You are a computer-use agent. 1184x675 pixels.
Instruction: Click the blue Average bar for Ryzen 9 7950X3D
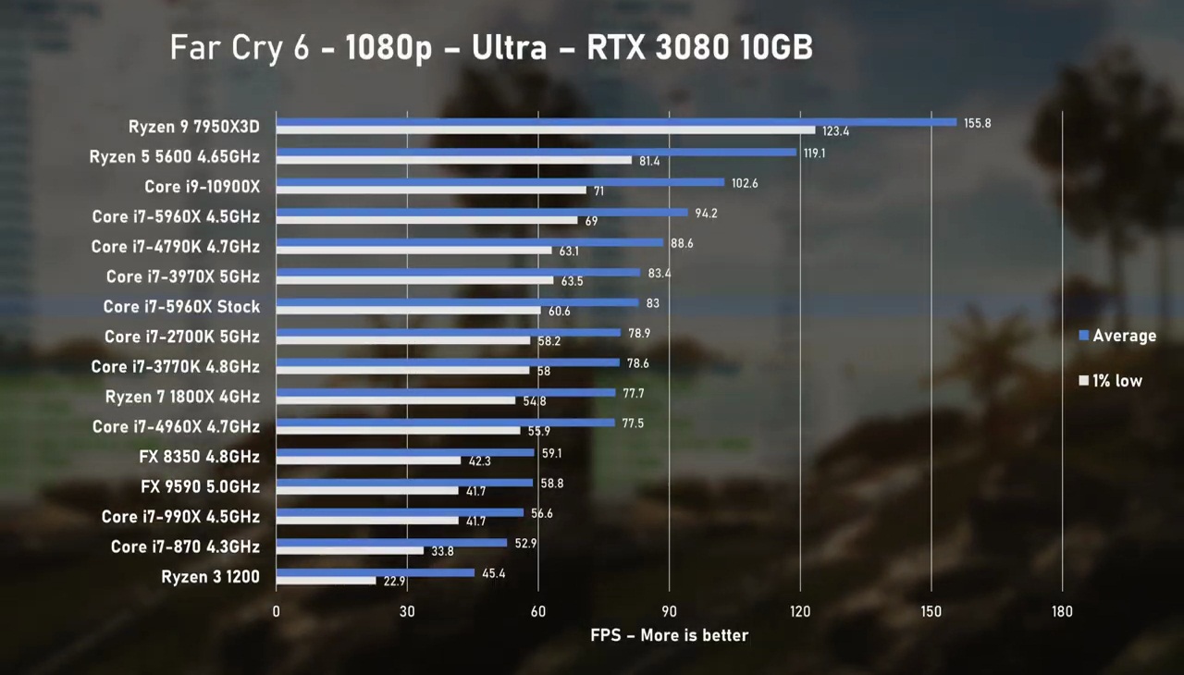[616, 122]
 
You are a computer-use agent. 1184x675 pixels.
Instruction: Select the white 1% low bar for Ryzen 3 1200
[326, 581]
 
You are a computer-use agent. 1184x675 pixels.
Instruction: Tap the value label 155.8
[976, 123]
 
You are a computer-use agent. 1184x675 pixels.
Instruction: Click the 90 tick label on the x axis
[669, 611]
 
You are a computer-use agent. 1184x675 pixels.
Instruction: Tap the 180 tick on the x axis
[1062, 611]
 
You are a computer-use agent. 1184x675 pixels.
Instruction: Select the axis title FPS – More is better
[669, 635]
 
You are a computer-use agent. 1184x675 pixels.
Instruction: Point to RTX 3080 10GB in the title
[699, 48]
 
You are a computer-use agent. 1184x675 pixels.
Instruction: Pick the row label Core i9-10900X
[202, 187]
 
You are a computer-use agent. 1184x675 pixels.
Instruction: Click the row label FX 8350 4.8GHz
[200, 457]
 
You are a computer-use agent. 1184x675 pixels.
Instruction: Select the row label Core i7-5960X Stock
[181, 307]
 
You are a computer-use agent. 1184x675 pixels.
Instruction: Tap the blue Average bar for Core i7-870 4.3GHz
[391, 543]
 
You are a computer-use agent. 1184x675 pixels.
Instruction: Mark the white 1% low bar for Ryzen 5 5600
[453, 160]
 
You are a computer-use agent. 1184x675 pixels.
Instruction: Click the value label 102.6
[744, 183]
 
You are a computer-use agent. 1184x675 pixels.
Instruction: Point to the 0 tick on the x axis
[276, 611]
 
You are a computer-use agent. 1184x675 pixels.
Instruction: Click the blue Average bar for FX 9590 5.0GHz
[404, 483]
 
